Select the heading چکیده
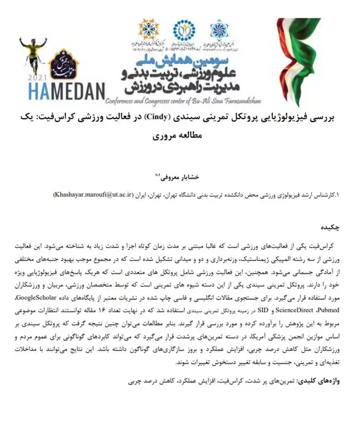[x=329, y=228]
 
